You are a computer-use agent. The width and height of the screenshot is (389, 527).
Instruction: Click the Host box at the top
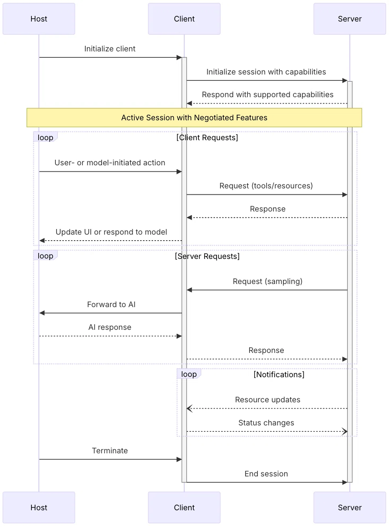[39, 19]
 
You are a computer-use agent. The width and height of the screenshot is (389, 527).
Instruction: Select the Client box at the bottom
[184, 507]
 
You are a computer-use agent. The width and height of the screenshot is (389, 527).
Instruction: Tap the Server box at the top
[350, 19]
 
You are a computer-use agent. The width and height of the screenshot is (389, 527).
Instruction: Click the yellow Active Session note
[194, 118]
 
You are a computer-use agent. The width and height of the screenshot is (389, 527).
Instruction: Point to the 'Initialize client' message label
[110, 49]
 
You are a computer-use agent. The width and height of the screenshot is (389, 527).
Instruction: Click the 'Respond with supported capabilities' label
[267, 94]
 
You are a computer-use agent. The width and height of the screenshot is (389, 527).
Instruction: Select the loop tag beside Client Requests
[45, 137]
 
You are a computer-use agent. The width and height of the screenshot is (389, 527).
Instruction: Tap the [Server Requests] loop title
[207, 256]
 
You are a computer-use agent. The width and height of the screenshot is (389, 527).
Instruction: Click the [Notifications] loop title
[279, 374]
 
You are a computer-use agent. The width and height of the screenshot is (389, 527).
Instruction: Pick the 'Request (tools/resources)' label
[266, 186]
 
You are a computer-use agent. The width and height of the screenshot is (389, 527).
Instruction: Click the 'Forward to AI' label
[111, 304]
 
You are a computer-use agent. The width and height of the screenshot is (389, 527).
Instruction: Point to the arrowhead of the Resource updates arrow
[189, 408]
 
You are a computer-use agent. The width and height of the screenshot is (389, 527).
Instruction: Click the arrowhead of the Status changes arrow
[345, 431]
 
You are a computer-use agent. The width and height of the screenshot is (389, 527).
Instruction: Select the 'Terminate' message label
[110, 451]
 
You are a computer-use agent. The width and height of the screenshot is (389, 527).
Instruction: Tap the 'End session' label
[266, 474]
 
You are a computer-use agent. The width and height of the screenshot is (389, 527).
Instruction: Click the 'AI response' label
[110, 327]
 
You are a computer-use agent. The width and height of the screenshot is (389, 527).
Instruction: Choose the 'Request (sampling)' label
[267, 281]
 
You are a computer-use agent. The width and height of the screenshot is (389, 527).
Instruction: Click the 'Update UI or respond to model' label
[111, 232]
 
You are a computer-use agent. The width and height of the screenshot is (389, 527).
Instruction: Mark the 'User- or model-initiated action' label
[110, 163]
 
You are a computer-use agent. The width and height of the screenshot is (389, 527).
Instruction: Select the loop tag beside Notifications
[189, 374]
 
